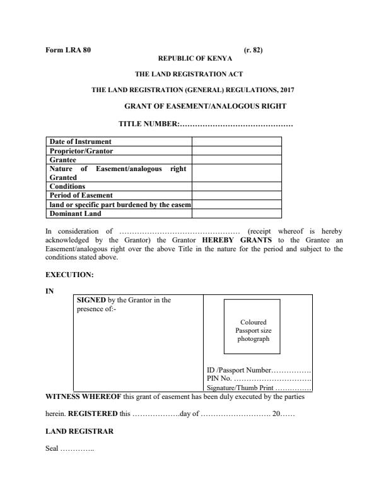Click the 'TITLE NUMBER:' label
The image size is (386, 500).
coord(149,123)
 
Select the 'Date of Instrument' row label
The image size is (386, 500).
coord(80,141)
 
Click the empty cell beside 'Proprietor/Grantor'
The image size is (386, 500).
coord(237,150)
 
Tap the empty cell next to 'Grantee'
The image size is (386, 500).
coord(237,159)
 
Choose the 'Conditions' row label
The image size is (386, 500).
coord(67,186)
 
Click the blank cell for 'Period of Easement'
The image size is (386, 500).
coord(237,195)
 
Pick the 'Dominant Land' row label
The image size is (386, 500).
coord(75,213)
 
